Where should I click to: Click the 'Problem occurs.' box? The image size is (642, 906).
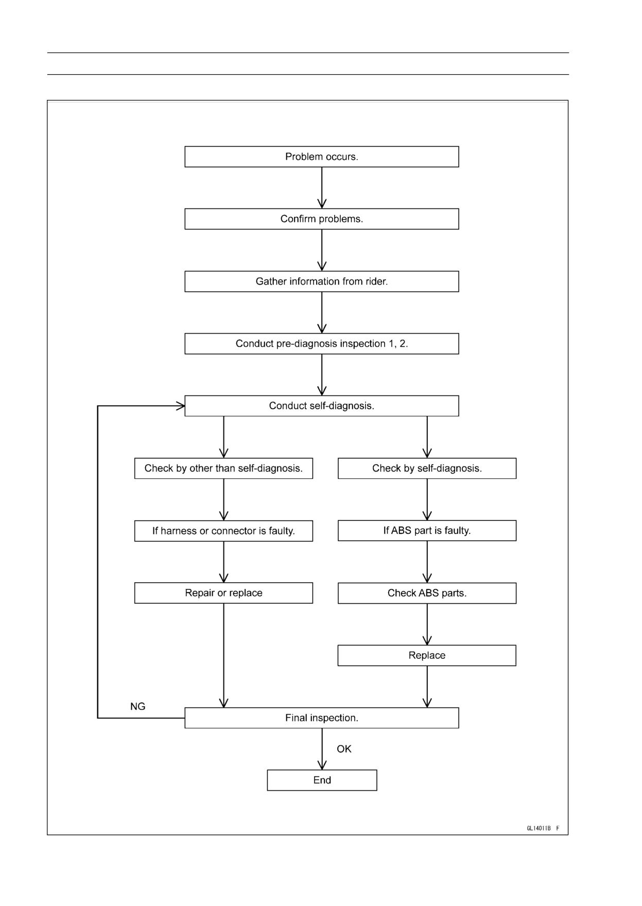coord(322,156)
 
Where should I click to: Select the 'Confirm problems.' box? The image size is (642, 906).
coord(322,219)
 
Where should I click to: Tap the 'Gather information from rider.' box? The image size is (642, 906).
coord(322,282)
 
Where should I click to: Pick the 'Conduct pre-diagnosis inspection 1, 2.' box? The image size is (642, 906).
coord(322,344)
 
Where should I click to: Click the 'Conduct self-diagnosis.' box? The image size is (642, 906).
coord(322,406)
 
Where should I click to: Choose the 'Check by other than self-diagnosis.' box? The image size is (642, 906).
coord(223,468)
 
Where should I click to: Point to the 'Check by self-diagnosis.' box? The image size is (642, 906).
coord(427,468)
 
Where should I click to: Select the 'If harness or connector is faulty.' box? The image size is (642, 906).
coord(223,531)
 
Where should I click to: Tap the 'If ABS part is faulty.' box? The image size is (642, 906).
coord(427,531)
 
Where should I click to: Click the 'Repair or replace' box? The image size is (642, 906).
coord(223,593)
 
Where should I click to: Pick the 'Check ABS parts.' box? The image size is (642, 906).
coord(427,593)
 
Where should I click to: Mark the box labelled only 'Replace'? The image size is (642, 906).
coord(427,655)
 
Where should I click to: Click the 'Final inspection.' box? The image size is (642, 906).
coord(322,718)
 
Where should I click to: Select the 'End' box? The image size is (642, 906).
coord(322,780)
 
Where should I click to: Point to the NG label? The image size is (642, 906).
coord(138,707)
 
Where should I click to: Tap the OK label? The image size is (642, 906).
coord(344,749)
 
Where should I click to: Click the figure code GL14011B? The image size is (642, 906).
coord(539,828)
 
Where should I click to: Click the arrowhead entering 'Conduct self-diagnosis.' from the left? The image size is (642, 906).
coord(181,406)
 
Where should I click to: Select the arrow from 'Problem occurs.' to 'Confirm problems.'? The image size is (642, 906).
coord(322,188)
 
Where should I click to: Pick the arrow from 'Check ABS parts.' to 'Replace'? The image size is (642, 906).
coord(427,624)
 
